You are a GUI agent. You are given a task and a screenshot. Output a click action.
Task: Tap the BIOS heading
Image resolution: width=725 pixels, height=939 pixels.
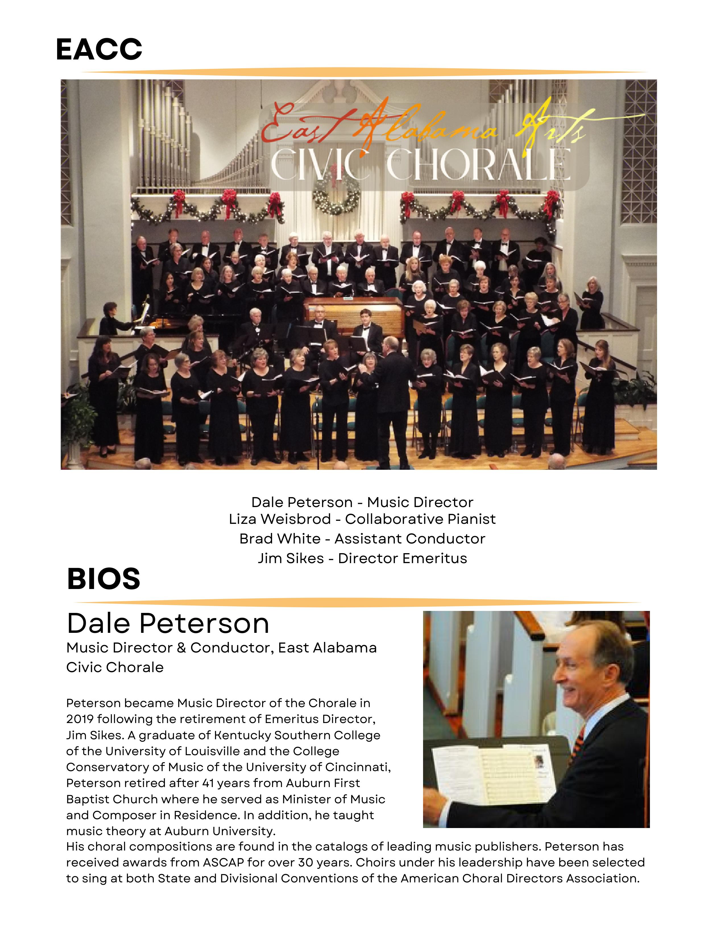coord(103,579)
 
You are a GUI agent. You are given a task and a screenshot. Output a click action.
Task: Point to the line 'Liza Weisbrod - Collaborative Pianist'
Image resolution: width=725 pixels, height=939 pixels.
coord(362,519)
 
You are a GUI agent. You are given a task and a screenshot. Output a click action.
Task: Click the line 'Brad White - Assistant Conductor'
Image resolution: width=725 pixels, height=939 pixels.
coord(362,538)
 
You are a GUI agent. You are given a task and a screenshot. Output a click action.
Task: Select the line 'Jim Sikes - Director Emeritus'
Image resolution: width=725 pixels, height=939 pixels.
coord(362,558)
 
